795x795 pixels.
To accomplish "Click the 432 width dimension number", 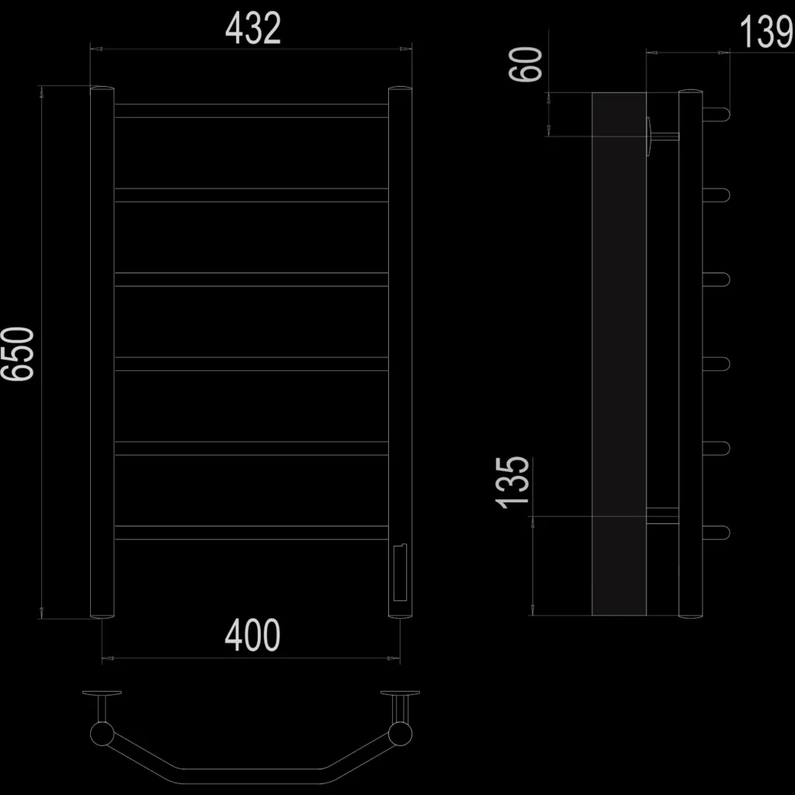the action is pyautogui.click(x=252, y=29).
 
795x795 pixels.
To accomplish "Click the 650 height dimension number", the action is pyautogui.click(x=18, y=353).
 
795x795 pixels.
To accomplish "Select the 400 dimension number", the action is pyautogui.click(x=252, y=635).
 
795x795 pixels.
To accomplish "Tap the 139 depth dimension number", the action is pyautogui.click(x=766, y=31).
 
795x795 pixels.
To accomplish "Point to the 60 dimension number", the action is pyautogui.click(x=526, y=64).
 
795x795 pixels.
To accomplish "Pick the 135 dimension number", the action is pyautogui.click(x=512, y=482).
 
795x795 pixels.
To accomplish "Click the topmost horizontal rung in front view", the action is pyautogui.click(x=252, y=110).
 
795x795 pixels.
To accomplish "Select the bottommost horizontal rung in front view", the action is pyautogui.click(x=252, y=533).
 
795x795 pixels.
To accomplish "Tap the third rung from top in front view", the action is pyautogui.click(x=252, y=279).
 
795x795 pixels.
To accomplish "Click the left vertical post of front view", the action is pyautogui.click(x=102, y=352).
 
